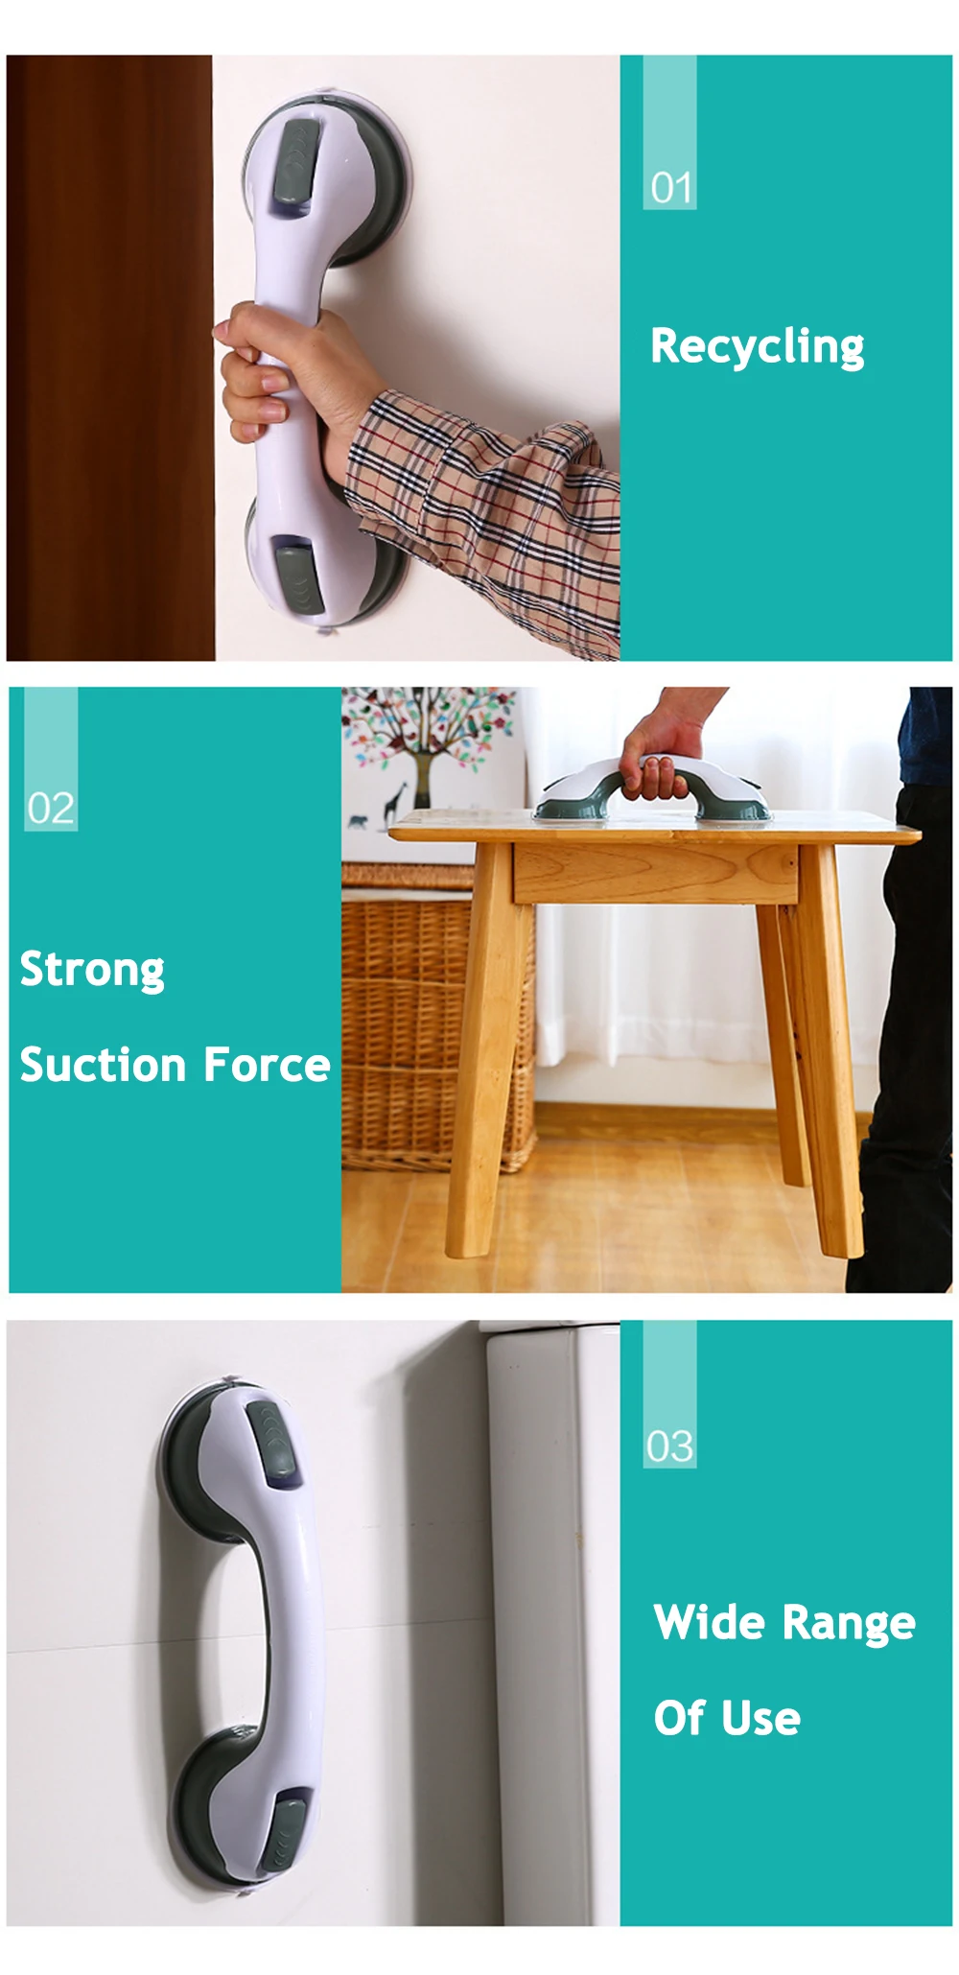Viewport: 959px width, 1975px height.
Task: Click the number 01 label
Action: (670, 188)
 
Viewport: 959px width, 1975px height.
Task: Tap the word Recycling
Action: (757, 346)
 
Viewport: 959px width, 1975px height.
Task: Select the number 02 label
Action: (51, 809)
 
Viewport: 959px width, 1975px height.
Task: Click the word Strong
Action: (92, 970)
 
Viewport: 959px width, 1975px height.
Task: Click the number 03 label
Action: (669, 1446)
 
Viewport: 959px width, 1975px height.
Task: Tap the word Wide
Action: (709, 1622)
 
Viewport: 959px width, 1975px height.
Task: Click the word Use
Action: (761, 1718)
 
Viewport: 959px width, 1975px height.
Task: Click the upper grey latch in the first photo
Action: (294, 163)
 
